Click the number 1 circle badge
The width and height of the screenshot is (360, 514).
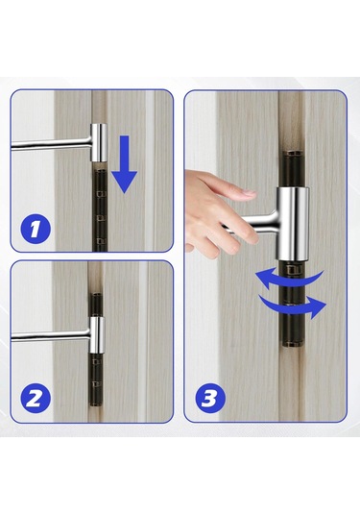click(36, 229)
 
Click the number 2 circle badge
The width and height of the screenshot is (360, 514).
click(36, 399)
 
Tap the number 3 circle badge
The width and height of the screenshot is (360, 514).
click(210, 399)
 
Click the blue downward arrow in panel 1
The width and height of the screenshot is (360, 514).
click(125, 164)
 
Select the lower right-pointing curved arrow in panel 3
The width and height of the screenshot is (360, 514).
click(293, 306)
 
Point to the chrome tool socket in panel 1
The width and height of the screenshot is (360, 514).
click(99, 142)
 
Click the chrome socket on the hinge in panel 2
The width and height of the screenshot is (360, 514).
click(97, 335)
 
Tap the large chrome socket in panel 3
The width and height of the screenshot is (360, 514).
click(293, 224)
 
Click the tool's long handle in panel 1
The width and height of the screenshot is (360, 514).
click(51, 144)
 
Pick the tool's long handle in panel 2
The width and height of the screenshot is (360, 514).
click(51, 336)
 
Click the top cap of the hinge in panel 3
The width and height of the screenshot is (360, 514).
click(293, 153)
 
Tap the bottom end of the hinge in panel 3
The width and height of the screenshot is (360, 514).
click(293, 344)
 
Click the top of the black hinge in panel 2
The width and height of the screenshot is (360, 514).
click(97, 295)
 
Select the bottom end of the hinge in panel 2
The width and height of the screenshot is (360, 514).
click(96, 404)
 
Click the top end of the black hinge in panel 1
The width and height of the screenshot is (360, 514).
click(100, 171)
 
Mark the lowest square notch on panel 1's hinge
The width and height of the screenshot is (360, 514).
click(101, 242)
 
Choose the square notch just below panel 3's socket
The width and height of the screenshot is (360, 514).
click(293, 270)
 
